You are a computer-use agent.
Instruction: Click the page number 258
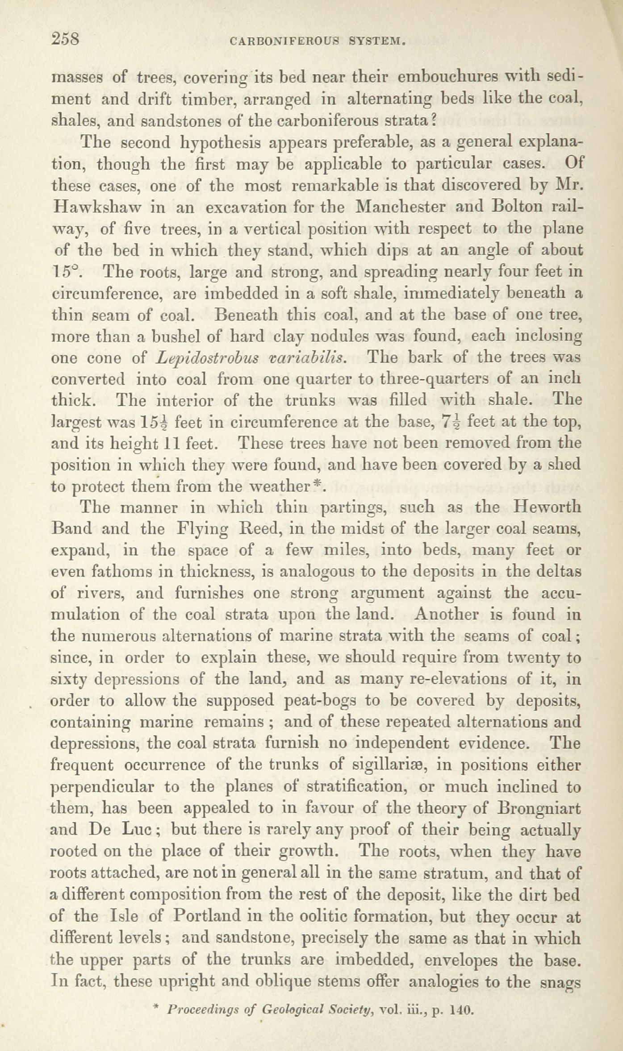[x=66, y=40]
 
